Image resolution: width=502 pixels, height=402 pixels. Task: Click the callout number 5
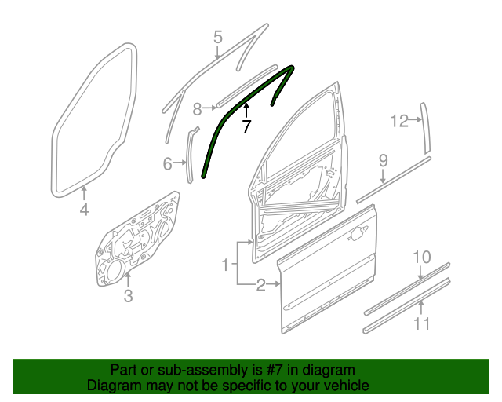tap(218, 37)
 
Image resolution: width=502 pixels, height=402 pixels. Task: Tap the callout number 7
tap(246, 126)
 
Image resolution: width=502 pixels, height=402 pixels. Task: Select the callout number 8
tap(198, 108)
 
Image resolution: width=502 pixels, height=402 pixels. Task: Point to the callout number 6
tap(167, 164)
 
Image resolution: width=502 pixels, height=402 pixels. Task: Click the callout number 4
tap(84, 209)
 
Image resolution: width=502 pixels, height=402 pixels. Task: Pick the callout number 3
tap(129, 295)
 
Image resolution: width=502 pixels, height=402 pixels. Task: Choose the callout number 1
tap(224, 265)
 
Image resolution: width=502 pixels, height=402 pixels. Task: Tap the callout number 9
tap(384, 161)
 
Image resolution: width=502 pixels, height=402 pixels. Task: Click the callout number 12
tap(400, 121)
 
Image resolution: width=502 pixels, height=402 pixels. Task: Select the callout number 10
tap(422, 257)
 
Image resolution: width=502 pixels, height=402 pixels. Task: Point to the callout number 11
tap(422, 323)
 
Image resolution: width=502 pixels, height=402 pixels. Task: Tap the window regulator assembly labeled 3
tap(133, 239)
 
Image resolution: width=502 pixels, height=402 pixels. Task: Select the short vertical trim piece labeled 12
tap(427, 126)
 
